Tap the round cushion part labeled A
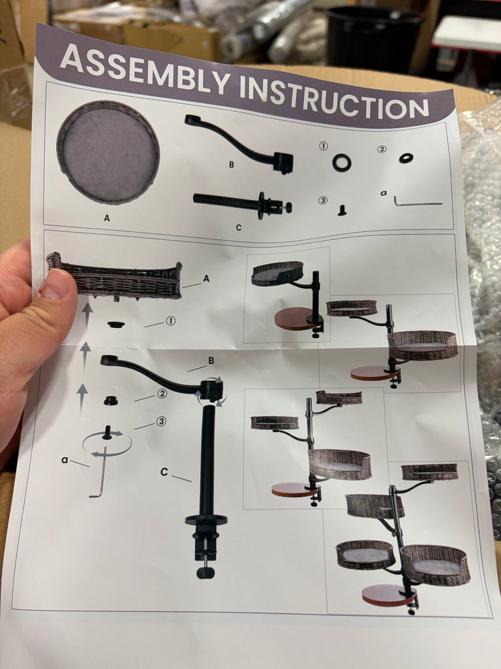pyautogui.click(x=108, y=152)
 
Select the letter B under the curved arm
pyautogui.click(x=232, y=164)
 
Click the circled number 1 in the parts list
pyautogui.click(x=324, y=146)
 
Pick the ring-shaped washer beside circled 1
pyautogui.click(x=342, y=163)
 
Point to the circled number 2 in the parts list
pyautogui.click(x=382, y=149)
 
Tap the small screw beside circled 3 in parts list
pyautogui.click(x=342, y=210)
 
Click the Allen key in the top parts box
pyautogui.click(x=417, y=201)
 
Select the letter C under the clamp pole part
pyautogui.click(x=239, y=228)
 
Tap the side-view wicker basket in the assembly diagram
pyautogui.click(x=115, y=276)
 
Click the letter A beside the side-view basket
pyautogui.click(x=206, y=278)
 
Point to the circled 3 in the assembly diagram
pyautogui.click(x=160, y=421)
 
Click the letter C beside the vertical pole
pyautogui.click(x=164, y=472)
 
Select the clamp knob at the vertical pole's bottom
pyautogui.click(x=205, y=571)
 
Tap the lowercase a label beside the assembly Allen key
pyautogui.click(x=65, y=460)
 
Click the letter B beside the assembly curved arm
pyautogui.click(x=211, y=361)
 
